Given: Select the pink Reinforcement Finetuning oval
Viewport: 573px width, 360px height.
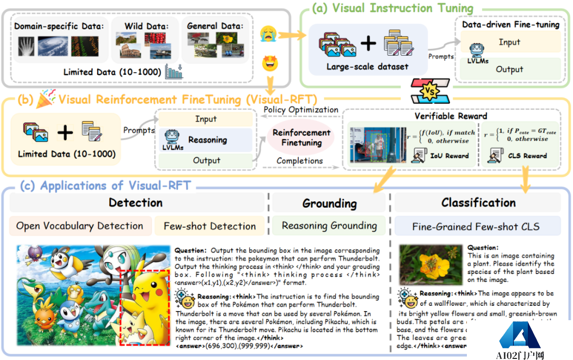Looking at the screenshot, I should [301, 137].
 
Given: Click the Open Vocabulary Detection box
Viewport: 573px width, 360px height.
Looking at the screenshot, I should [80, 226].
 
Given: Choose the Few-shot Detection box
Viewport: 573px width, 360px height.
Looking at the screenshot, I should [210, 226].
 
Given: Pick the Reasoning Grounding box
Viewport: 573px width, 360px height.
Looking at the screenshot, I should [329, 226].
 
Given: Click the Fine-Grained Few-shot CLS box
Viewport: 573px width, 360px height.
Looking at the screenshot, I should [476, 227].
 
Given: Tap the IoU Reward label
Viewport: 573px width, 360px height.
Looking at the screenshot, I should [449, 156].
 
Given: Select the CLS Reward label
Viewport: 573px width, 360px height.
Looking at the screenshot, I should [527, 156].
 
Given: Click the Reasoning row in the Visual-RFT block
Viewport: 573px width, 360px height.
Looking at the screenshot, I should [207, 140].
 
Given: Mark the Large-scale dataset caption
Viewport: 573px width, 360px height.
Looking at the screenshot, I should [368, 67].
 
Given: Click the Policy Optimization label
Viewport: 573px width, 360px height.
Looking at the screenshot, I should [301, 110].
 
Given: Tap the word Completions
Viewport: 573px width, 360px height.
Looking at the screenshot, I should [300, 160].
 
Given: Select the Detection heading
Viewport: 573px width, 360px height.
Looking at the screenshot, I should [136, 202].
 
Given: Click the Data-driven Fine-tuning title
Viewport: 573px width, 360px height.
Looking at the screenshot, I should [511, 24].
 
